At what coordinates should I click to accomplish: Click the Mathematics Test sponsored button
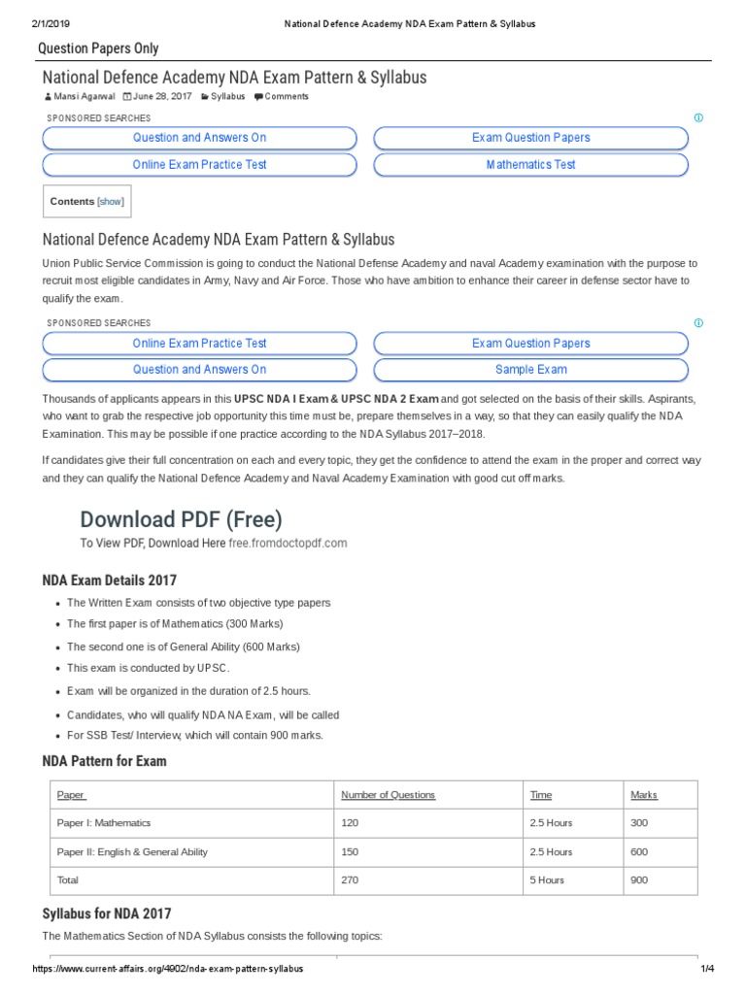click(x=530, y=165)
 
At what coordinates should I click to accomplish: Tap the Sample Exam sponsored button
click(x=530, y=370)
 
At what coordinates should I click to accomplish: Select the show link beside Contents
click(x=111, y=202)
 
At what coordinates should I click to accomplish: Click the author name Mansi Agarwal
click(x=84, y=97)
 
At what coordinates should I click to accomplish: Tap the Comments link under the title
click(x=286, y=97)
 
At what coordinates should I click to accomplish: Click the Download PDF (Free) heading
click(x=181, y=519)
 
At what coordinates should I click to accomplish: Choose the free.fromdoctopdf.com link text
click(x=288, y=544)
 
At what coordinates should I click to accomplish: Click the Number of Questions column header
click(x=388, y=795)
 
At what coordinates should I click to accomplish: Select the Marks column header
click(x=643, y=795)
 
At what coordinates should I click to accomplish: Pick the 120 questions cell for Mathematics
click(x=350, y=823)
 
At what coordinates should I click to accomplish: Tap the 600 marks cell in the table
click(x=639, y=852)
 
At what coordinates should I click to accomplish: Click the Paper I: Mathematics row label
click(x=104, y=823)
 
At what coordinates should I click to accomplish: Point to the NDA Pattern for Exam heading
click(x=104, y=762)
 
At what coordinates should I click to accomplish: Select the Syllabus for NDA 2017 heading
click(x=107, y=913)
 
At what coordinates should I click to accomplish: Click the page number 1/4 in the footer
click(x=707, y=970)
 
